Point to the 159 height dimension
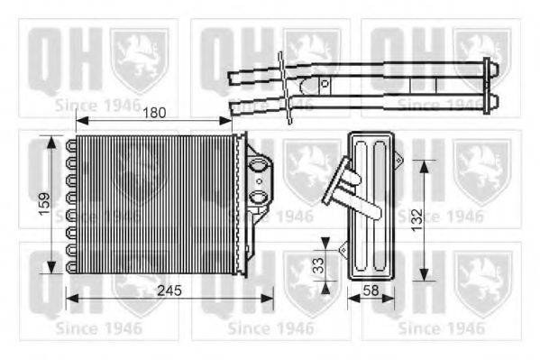pyautogui.click(x=31, y=204)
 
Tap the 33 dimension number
pyautogui.click(x=316, y=267)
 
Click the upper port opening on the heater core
pyautogui.click(x=258, y=165)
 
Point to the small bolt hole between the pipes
pyautogui.click(x=326, y=84)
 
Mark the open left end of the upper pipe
pyautogui.click(x=232, y=78)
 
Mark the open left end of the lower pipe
pyautogui.click(x=234, y=108)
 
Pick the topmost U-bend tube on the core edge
pyautogui.click(x=69, y=144)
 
